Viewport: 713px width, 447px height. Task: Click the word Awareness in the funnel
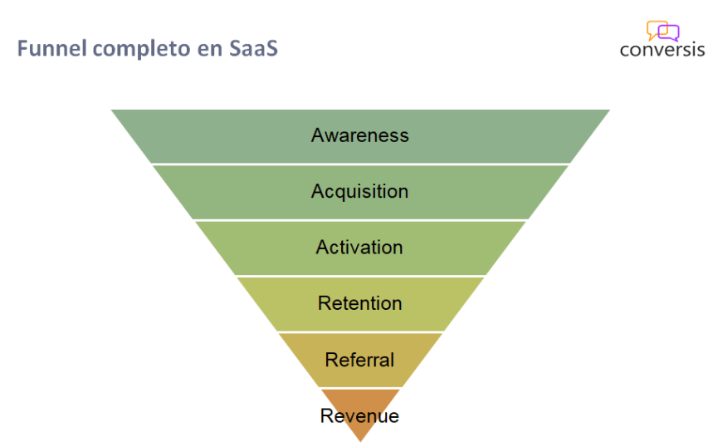point(359,135)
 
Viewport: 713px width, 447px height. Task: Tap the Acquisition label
point(359,191)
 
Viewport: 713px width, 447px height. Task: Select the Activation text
point(359,248)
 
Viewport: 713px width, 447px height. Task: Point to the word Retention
point(359,303)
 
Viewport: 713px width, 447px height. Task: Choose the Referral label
point(359,360)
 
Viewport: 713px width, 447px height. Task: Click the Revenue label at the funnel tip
point(359,415)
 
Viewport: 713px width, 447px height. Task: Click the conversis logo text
point(662,49)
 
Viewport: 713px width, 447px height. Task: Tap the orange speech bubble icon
point(656,29)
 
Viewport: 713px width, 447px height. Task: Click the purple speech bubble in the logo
point(670,34)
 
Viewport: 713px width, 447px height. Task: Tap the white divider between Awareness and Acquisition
point(359,164)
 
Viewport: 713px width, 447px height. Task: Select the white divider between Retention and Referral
point(359,332)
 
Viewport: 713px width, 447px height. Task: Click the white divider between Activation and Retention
point(359,276)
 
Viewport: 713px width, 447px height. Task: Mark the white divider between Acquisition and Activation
point(359,219)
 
